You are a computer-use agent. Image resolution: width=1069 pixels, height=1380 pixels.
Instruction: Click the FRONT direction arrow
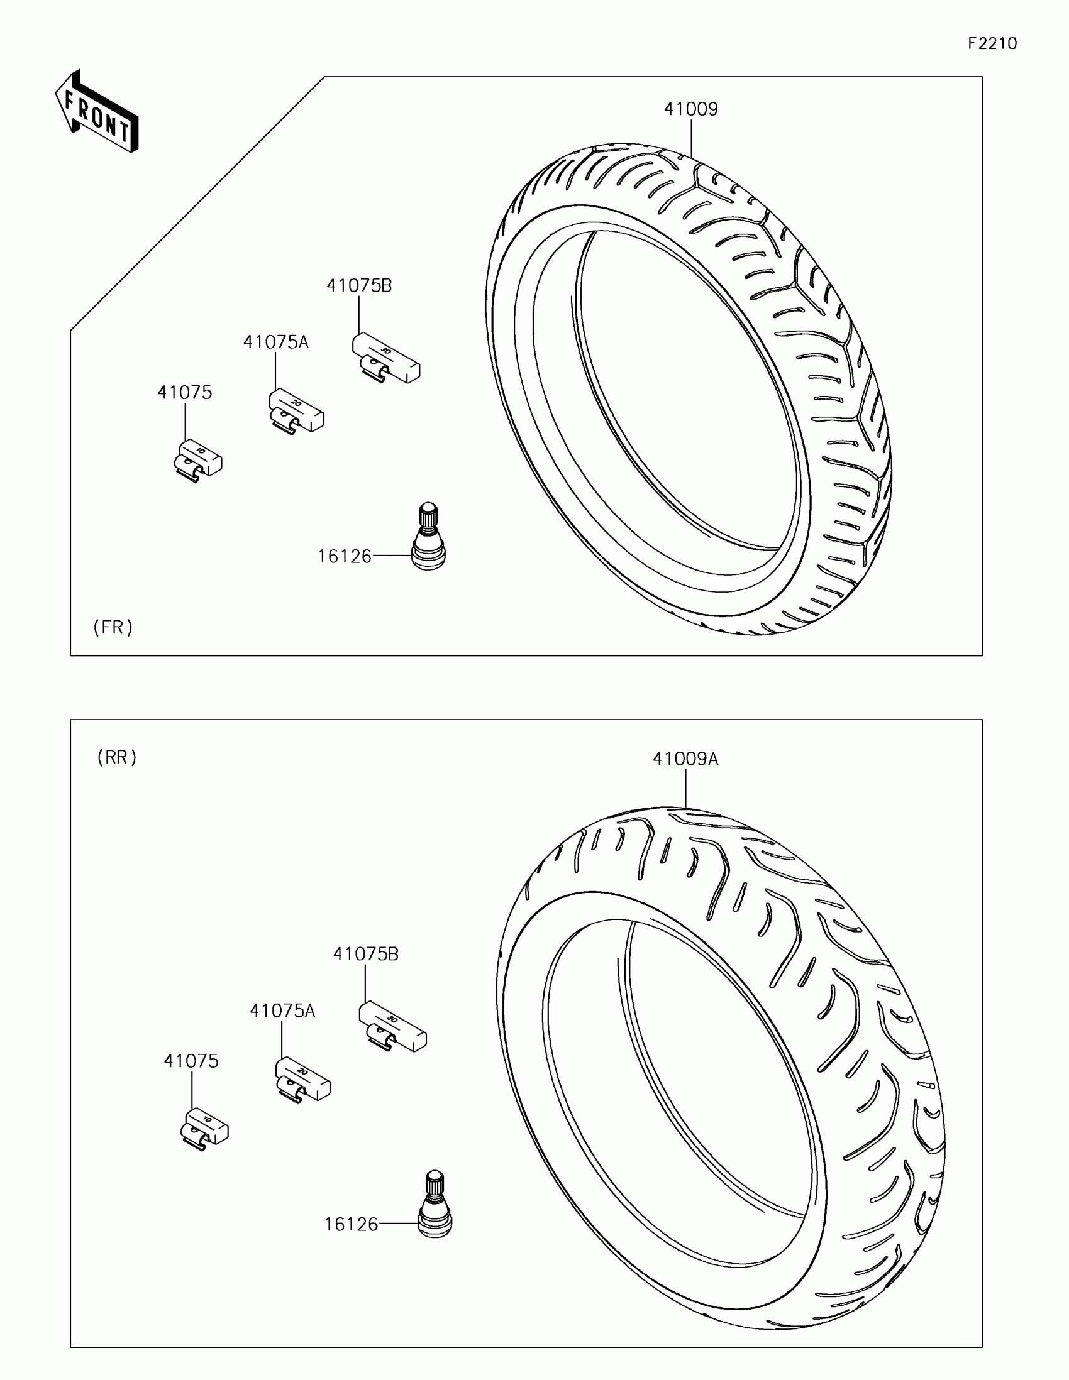(x=97, y=112)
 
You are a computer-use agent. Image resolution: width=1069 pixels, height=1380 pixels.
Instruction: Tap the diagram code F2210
(x=992, y=43)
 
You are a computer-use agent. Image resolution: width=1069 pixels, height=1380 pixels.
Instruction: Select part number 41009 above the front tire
(x=690, y=109)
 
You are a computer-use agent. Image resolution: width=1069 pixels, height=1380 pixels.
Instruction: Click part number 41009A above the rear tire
(x=685, y=759)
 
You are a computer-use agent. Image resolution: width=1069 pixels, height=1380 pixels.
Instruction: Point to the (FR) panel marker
(x=113, y=627)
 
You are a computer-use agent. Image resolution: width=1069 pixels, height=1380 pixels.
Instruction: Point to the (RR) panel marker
(x=117, y=758)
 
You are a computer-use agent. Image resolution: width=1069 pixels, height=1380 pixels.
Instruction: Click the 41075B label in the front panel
(x=359, y=286)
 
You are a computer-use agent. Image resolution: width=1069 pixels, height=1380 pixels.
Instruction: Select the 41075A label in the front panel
(x=275, y=342)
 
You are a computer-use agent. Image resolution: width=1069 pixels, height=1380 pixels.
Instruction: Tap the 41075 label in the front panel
(x=185, y=393)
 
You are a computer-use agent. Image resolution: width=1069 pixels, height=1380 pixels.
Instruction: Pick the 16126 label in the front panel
(x=345, y=557)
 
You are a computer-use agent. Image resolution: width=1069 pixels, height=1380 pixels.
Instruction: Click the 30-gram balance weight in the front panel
(x=385, y=359)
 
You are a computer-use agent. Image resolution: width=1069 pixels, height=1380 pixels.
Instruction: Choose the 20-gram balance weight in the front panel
(x=296, y=412)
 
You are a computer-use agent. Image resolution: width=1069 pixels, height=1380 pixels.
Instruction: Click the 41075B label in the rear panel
(x=365, y=954)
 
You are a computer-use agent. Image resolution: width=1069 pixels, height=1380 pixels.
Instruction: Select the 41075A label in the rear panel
(x=282, y=1011)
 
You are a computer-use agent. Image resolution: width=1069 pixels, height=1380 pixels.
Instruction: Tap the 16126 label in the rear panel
(x=351, y=1225)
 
